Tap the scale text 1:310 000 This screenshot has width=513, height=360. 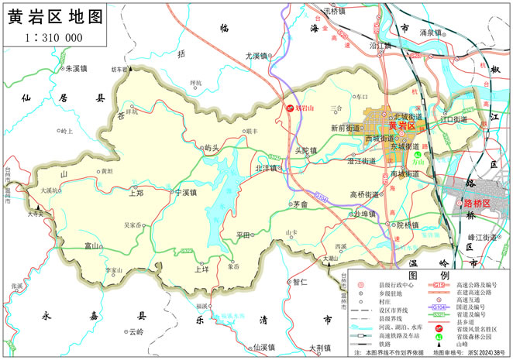click(x=54, y=37)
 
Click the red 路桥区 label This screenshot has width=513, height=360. click(x=477, y=203)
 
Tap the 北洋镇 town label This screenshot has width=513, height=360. click(x=267, y=168)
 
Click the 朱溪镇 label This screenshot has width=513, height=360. click(x=71, y=68)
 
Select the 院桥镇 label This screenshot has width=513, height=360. click(x=408, y=225)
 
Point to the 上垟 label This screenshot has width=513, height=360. click(x=201, y=269)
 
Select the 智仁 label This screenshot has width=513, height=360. click(x=301, y=282)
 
